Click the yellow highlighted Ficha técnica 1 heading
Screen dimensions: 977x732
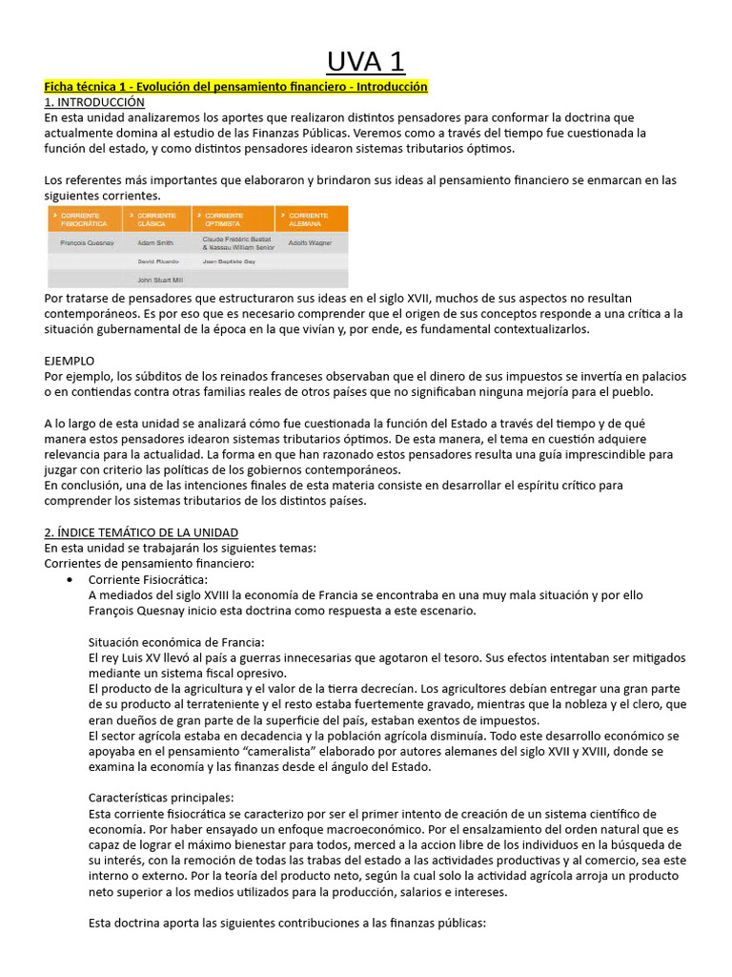coord(236,87)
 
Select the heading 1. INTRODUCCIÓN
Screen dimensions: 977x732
coord(94,102)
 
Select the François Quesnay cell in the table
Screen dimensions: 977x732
coord(88,244)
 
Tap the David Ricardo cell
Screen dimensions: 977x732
coord(159,260)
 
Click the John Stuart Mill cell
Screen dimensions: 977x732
coord(160,281)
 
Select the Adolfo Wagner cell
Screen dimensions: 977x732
coord(311,244)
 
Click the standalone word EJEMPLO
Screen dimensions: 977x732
coord(70,361)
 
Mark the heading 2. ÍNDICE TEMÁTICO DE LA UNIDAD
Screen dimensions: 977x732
coord(141,531)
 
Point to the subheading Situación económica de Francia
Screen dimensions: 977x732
coord(176,642)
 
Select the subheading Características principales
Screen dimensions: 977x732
coord(167,798)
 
